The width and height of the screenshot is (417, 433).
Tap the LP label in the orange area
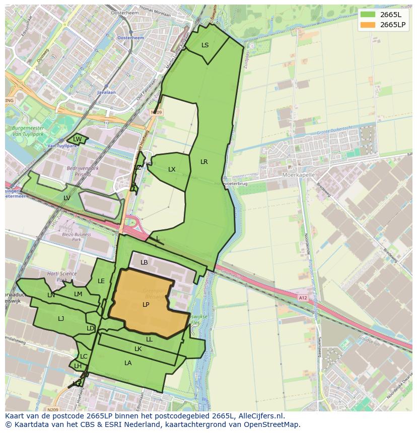point(146,305)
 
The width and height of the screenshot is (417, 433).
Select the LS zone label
point(205,45)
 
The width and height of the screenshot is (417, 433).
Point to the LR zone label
point(204,162)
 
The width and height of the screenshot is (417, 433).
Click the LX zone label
point(172,169)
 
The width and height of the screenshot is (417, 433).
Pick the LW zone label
point(77,139)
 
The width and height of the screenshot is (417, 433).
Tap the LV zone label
point(67,198)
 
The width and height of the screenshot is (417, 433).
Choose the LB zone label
point(144,263)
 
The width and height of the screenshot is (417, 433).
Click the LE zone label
point(101,281)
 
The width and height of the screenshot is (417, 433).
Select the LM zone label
point(78,294)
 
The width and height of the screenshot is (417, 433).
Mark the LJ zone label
point(61,319)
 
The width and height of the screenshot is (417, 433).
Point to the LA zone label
point(128,363)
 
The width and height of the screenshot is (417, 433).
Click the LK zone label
point(138,349)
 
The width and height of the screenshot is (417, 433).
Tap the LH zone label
point(78,366)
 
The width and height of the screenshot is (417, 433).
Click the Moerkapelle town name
point(299,175)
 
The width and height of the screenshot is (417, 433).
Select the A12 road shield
point(302,298)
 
